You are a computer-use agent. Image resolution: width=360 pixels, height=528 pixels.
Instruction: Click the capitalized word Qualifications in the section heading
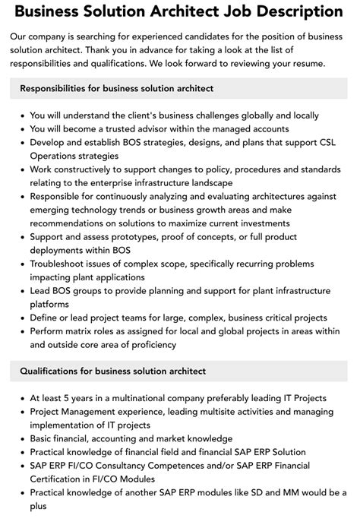[x=54, y=371]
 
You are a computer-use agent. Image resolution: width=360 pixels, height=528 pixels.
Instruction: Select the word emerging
[x=52, y=210]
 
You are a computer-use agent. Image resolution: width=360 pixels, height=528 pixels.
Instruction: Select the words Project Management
[x=79, y=411]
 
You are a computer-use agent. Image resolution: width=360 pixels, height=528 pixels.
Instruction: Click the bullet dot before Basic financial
[x=21, y=438]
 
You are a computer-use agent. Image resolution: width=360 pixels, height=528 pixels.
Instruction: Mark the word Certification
[x=61, y=479]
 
